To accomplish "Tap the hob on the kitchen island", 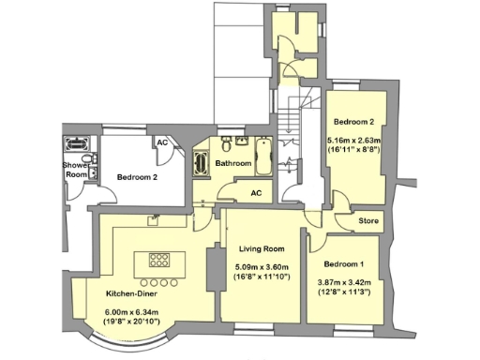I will tap(158, 260).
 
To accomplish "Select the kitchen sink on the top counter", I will tap(151, 221).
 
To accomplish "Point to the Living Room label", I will tap(262, 248).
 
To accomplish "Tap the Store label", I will tap(368, 222).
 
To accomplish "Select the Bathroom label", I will tap(233, 163).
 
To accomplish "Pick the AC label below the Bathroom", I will tap(255, 193).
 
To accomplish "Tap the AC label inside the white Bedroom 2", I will tap(161, 142).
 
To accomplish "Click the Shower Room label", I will tap(75, 170).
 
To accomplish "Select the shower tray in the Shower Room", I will tap(75, 145).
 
